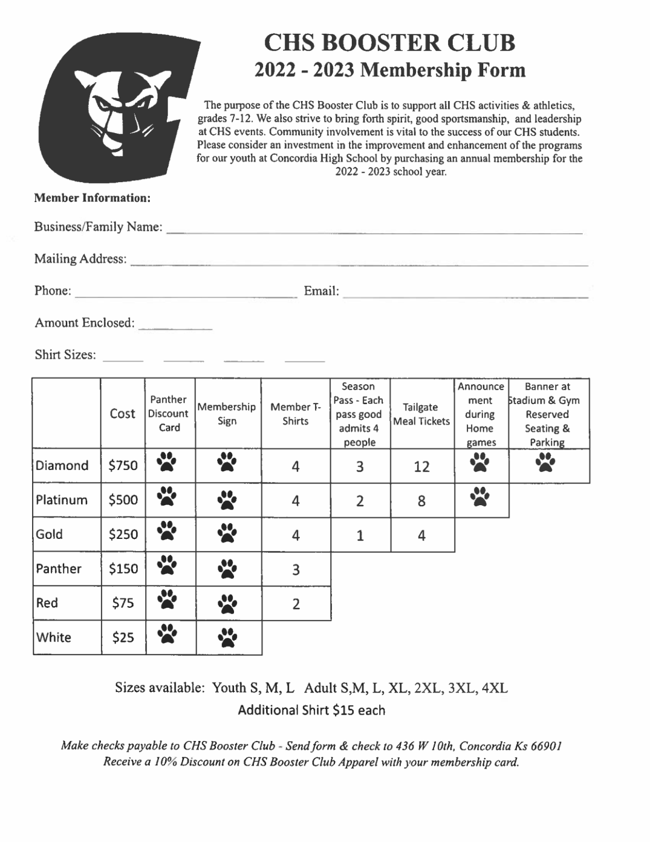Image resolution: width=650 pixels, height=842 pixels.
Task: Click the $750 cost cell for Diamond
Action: click(x=123, y=465)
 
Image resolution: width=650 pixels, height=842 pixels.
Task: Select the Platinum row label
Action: click(x=62, y=500)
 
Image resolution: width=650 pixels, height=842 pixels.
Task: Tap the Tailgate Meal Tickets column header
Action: click(x=422, y=414)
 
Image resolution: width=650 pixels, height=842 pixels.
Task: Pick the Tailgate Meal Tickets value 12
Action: click(x=422, y=467)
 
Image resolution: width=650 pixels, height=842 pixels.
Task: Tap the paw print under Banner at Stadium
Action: click(x=545, y=463)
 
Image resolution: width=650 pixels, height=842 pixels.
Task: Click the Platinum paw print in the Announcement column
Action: click(x=480, y=496)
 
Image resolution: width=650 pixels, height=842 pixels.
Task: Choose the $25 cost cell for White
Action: click(x=123, y=638)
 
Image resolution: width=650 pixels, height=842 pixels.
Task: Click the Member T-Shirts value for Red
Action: click(x=296, y=604)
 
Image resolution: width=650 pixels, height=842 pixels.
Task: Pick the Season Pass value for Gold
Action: click(x=360, y=535)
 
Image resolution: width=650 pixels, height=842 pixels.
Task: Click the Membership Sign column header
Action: click(x=227, y=414)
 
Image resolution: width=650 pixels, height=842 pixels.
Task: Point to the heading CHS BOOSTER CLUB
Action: click(x=390, y=43)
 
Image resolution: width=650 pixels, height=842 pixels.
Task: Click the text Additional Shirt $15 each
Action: click(x=311, y=710)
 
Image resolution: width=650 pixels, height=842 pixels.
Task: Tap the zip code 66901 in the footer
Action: click(x=546, y=746)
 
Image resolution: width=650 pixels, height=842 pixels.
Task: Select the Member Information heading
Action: click(x=93, y=198)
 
